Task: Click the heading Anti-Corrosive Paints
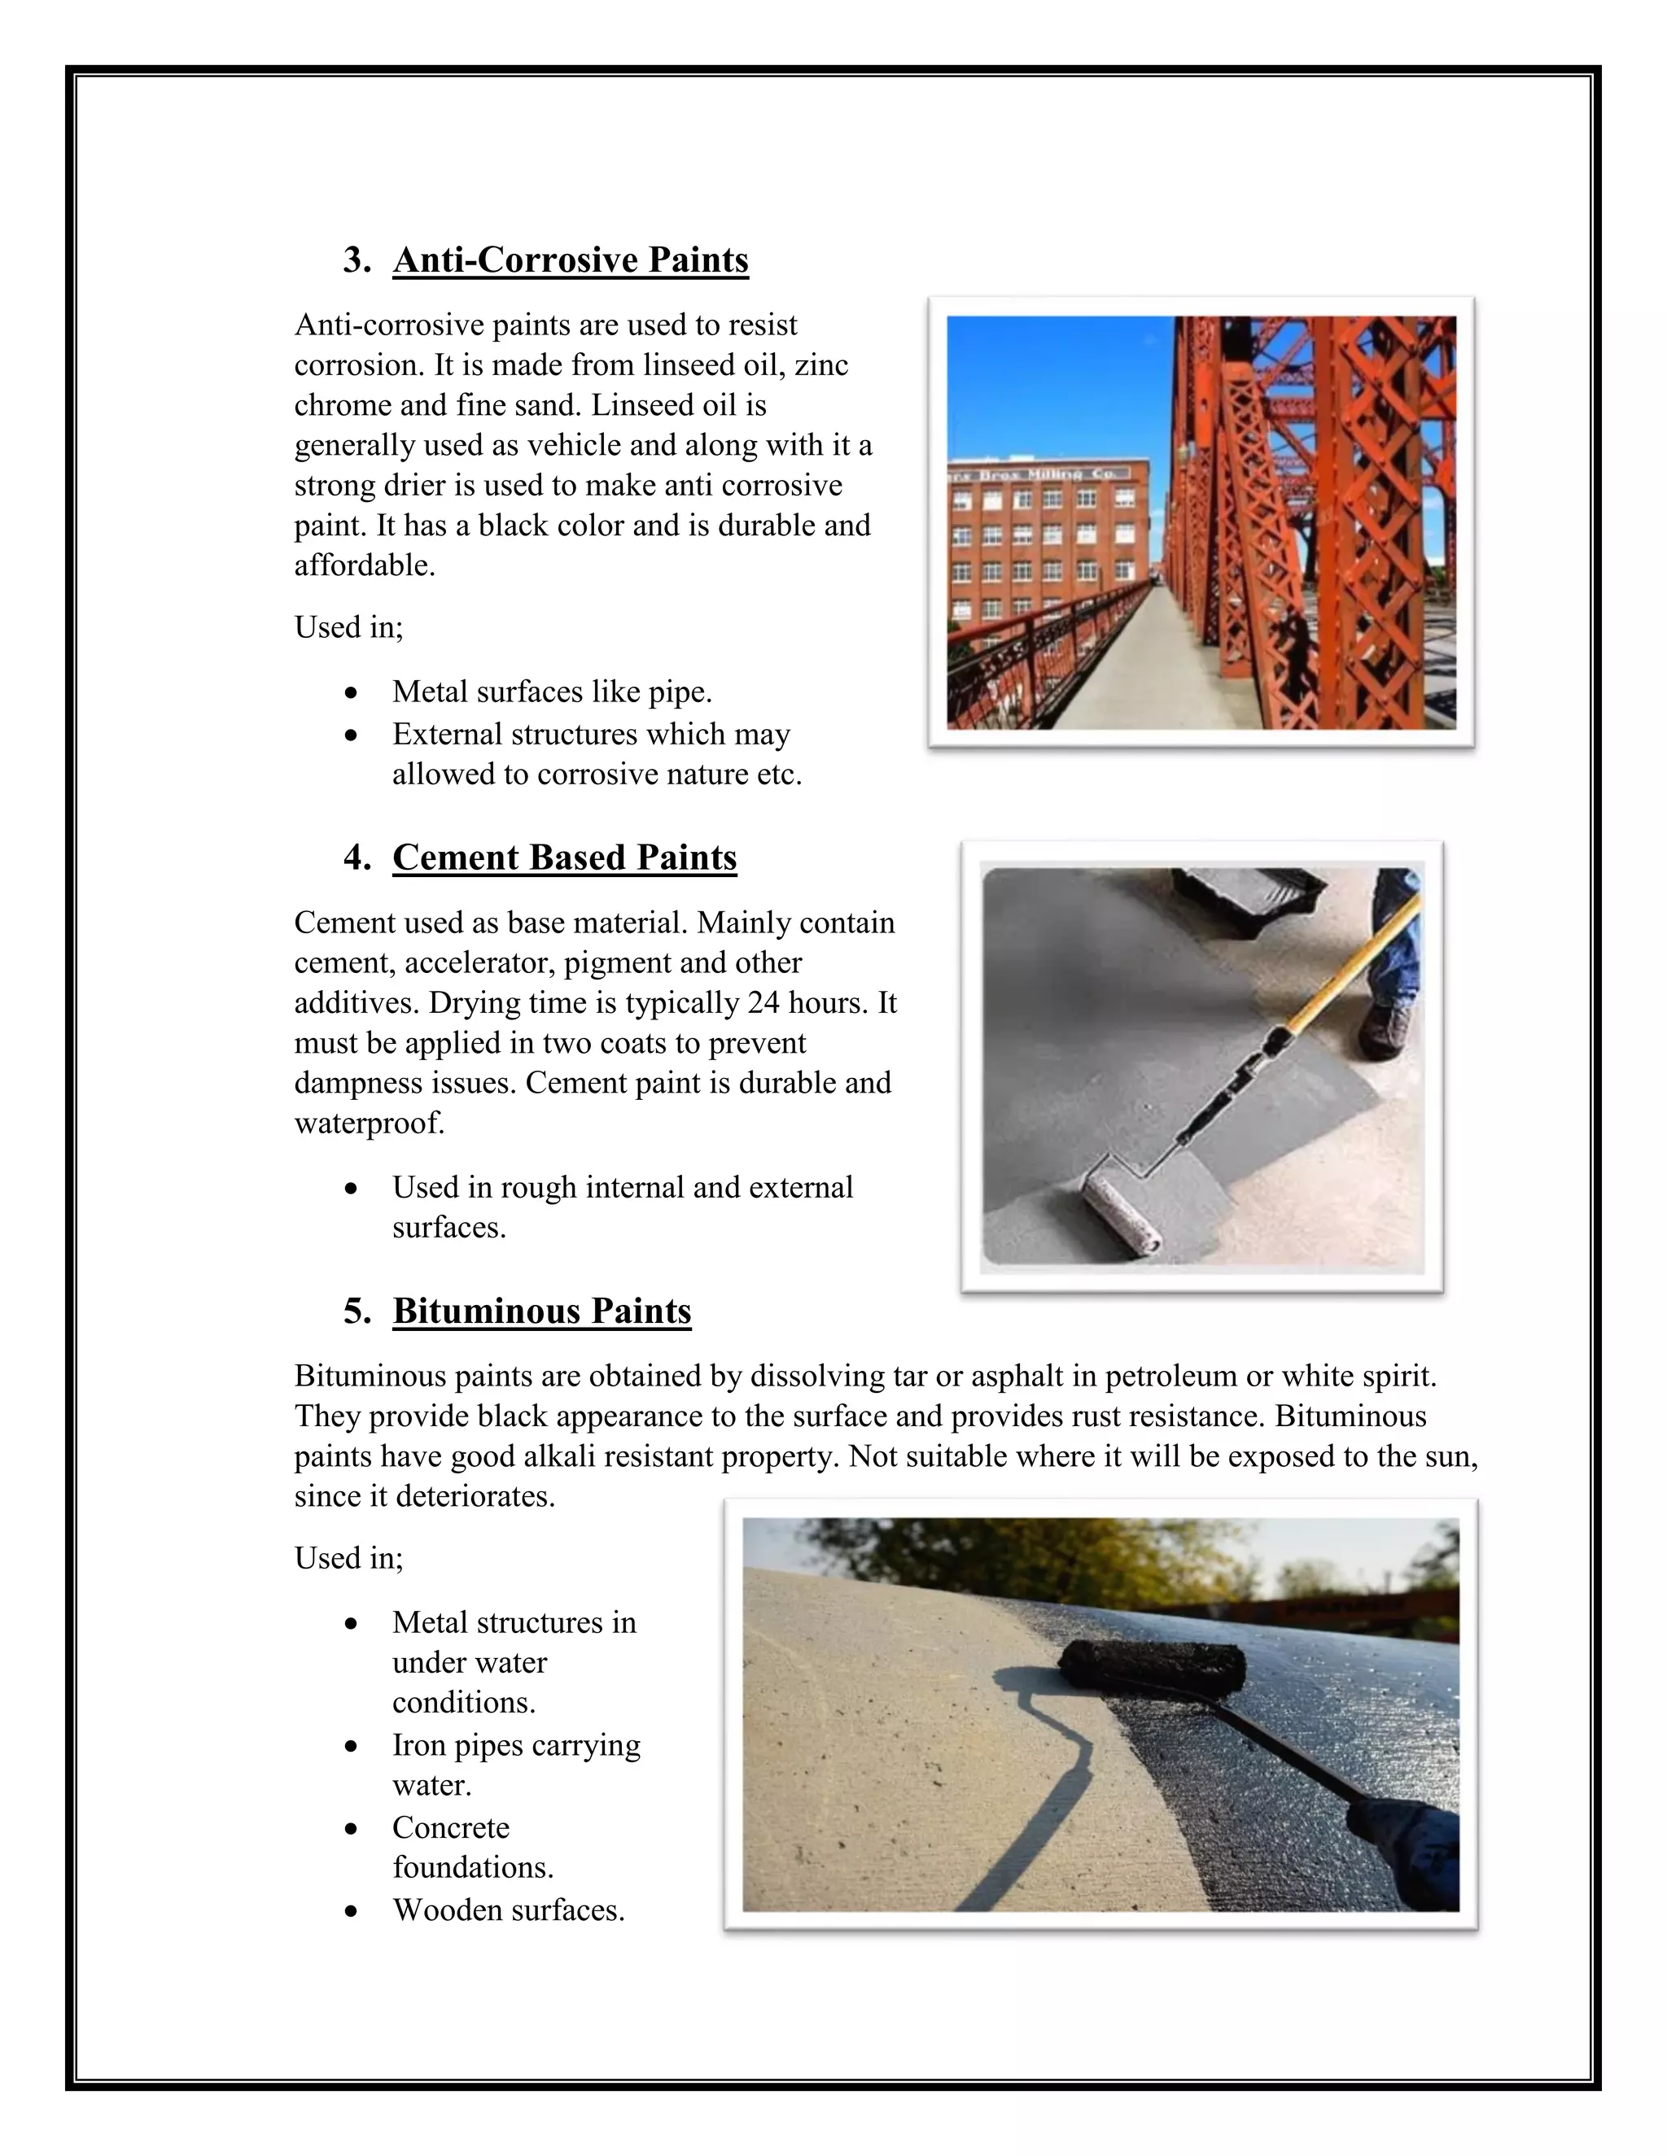(x=570, y=260)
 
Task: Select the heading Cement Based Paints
(x=564, y=857)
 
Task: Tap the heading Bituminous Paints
(x=541, y=1311)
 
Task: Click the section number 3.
(x=356, y=260)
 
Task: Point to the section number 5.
(x=356, y=1311)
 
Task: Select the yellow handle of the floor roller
(x=1343, y=977)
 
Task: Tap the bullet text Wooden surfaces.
(x=508, y=1910)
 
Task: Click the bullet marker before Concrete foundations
(x=351, y=1829)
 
